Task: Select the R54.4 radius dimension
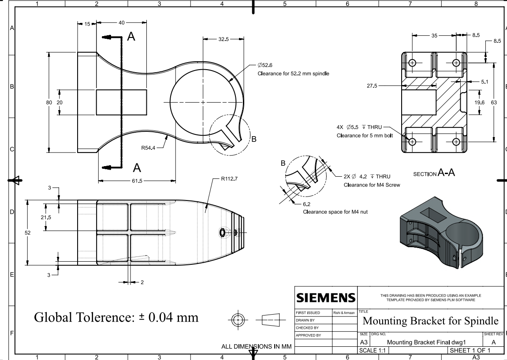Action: pyautogui.click(x=149, y=148)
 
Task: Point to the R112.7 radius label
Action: pyautogui.click(x=229, y=179)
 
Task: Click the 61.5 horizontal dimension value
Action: pyautogui.click(x=137, y=180)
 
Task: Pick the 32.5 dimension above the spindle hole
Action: pyautogui.click(x=224, y=39)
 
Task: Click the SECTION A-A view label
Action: pyautogui.click(x=434, y=174)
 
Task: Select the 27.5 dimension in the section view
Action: pyautogui.click(x=372, y=86)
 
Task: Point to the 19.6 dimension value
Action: pyautogui.click(x=478, y=103)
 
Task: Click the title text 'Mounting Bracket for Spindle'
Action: pyautogui.click(x=430, y=320)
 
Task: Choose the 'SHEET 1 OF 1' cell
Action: pyautogui.click(x=469, y=350)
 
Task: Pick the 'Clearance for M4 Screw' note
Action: pyautogui.click(x=372, y=185)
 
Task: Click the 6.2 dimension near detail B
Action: pyautogui.click(x=307, y=204)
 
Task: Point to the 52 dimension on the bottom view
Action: pyautogui.click(x=27, y=232)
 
